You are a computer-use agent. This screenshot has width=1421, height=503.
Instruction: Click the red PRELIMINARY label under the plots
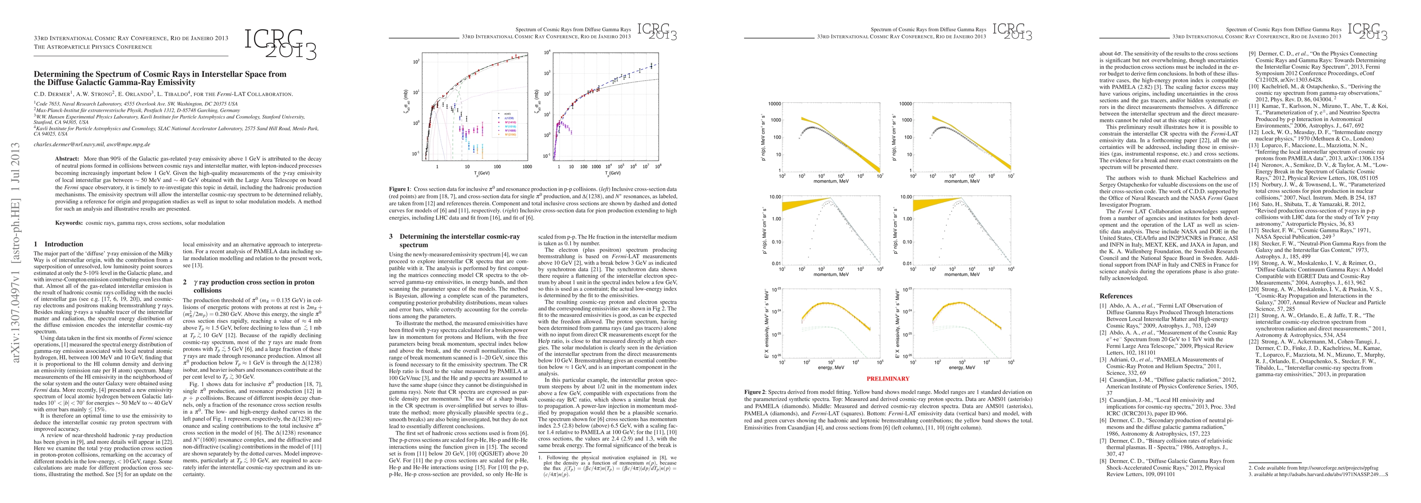pos(888,379)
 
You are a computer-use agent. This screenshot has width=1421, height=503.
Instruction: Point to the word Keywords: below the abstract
pos(69,223)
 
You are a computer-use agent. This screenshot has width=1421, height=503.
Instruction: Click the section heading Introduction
pos(63,244)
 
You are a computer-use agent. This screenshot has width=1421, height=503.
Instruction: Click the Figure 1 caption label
pos(400,189)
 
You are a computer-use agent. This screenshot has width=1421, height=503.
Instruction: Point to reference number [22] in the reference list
pos(1254,341)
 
